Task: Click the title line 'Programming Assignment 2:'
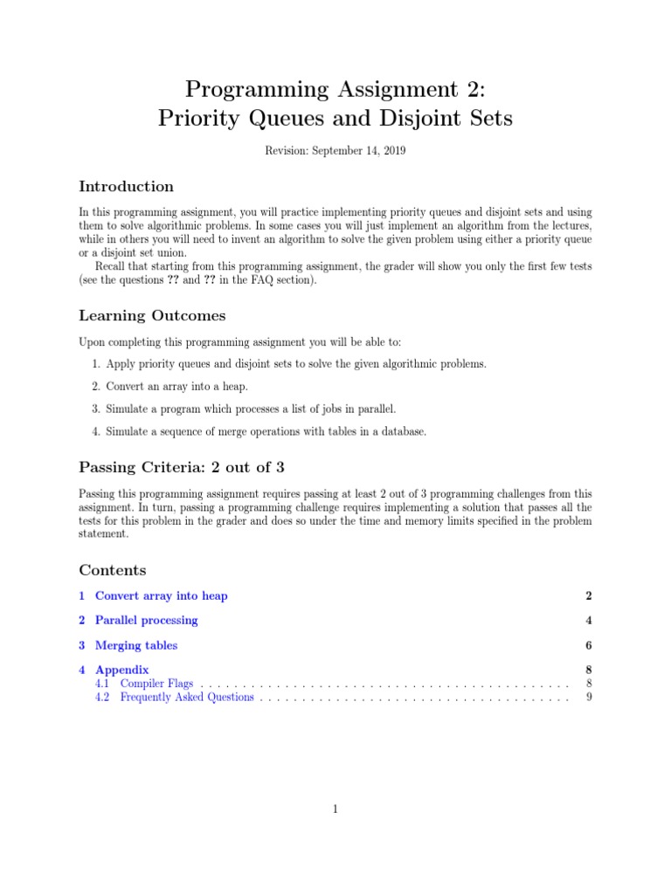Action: coord(335,89)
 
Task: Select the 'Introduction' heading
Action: coord(126,187)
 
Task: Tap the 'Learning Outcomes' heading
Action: coord(152,315)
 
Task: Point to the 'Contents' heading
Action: coord(113,570)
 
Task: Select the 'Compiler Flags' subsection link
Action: coord(156,684)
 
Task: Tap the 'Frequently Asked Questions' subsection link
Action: coord(187,698)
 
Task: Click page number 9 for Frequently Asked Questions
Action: coord(589,698)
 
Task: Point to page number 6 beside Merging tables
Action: coord(589,645)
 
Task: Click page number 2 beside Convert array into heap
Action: coord(589,595)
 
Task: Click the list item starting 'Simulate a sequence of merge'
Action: coord(266,431)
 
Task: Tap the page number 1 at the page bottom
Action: coord(335,809)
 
